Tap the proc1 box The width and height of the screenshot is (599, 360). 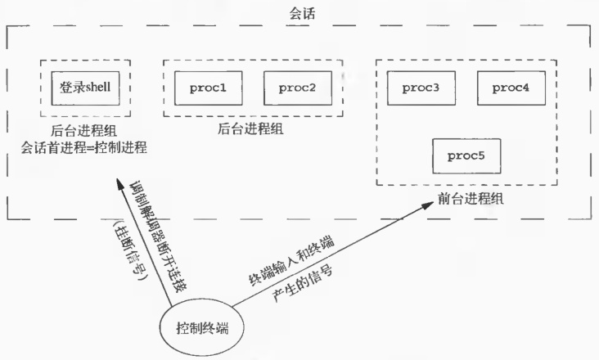[x=208, y=88]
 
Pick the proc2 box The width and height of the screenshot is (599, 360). [x=295, y=88]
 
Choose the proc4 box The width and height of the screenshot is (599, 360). [x=509, y=88]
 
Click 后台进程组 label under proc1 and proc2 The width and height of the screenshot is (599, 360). [x=250, y=129]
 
